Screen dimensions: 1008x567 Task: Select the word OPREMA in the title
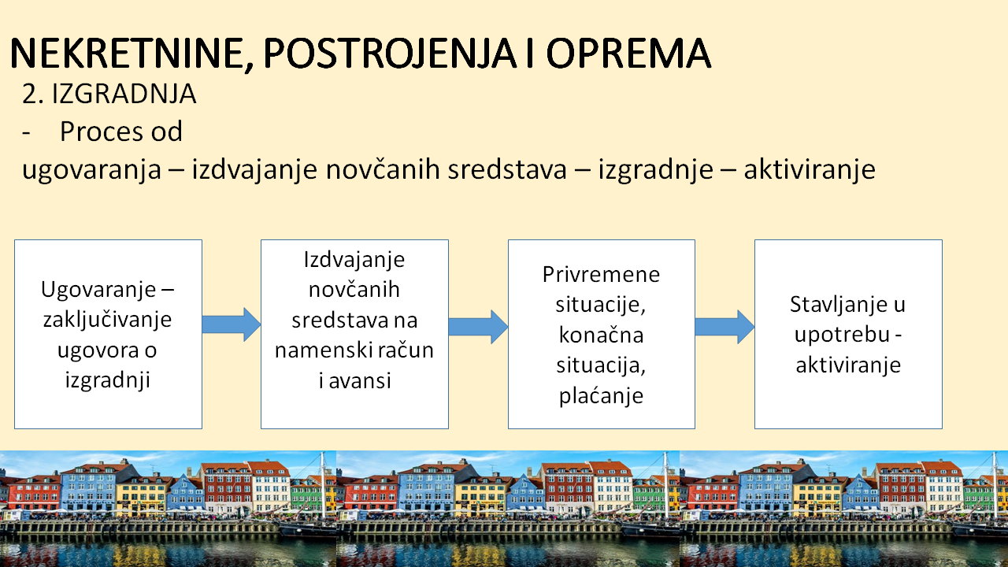[628, 53]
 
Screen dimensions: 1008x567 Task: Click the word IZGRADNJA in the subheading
[124, 94]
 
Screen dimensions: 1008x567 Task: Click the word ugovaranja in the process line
[92, 170]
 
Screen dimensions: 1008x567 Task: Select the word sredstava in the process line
[507, 169]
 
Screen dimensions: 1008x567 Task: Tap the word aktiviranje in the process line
[810, 170]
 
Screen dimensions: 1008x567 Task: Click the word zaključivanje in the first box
[108, 320]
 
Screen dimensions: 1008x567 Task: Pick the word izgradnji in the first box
[108, 380]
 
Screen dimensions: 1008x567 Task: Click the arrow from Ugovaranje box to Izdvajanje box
[232, 324]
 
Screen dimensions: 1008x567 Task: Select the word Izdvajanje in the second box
[354, 260]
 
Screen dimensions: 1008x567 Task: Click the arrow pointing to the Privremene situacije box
[478, 327]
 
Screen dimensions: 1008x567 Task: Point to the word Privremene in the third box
[601, 275]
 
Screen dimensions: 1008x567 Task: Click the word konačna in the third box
[601, 335]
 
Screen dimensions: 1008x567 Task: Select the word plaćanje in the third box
[601, 396]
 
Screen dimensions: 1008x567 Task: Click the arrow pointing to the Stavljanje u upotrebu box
[724, 327]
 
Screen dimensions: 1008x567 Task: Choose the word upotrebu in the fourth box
[843, 335]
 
